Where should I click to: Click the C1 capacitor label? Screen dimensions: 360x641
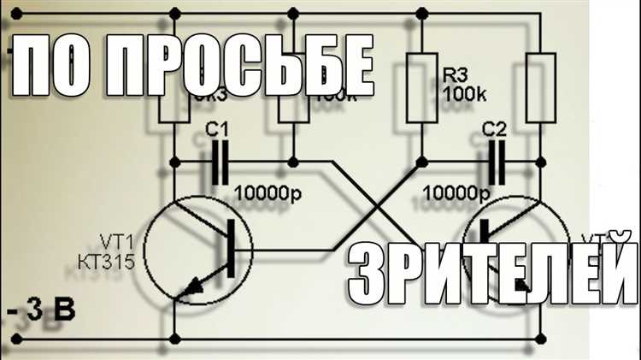219,131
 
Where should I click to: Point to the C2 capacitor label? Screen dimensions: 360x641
495,130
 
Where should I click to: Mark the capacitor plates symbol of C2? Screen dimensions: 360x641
495,161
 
